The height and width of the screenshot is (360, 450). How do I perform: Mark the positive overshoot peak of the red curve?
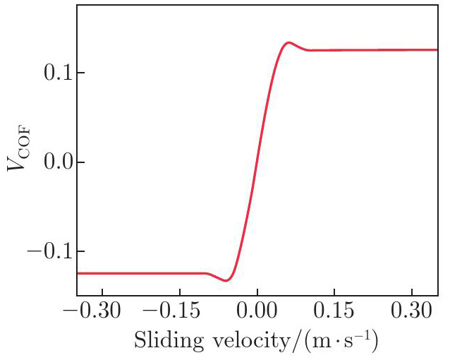[288, 42]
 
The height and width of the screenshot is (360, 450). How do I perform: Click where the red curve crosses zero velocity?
[257, 162]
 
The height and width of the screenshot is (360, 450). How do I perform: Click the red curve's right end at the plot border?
[437, 50]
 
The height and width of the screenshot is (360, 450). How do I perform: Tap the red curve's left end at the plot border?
[78, 273]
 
